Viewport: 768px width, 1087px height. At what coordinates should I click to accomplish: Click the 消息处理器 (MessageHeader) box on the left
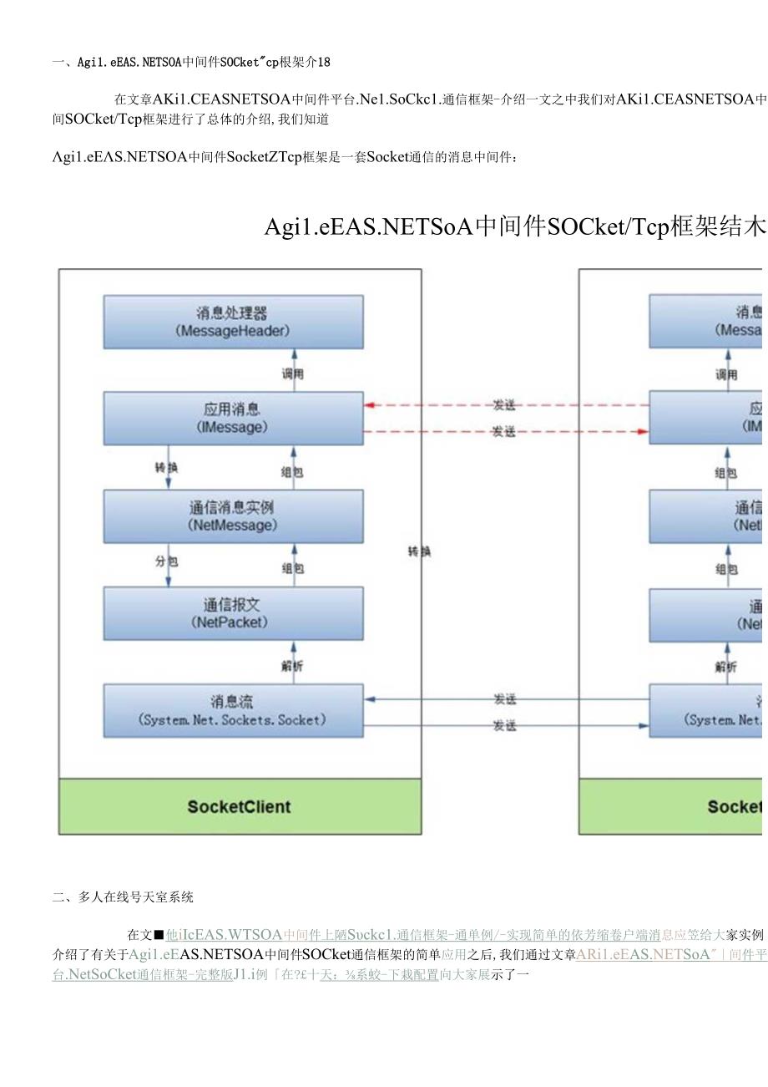click(x=233, y=322)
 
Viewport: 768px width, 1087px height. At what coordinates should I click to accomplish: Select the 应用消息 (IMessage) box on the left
click(x=233, y=418)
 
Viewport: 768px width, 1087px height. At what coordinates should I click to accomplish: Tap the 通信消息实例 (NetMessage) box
click(x=233, y=516)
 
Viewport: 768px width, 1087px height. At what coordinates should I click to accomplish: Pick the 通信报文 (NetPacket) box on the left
click(x=233, y=613)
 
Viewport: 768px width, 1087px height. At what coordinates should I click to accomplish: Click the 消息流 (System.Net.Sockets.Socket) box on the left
click(x=233, y=710)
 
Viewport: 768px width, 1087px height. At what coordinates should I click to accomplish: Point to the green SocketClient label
click(x=240, y=807)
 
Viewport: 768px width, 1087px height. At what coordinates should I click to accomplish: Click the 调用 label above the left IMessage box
click(x=292, y=374)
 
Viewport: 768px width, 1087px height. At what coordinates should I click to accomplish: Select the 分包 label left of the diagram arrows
click(x=166, y=561)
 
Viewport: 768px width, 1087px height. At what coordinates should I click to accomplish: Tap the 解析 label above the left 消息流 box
click(x=292, y=667)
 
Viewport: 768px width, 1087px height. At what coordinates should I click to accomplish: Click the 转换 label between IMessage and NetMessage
click(x=166, y=467)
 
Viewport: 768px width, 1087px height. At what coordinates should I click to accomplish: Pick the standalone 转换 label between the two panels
click(x=419, y=551)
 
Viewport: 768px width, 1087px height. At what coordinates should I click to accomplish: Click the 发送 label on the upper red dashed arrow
click(x=503, y=405)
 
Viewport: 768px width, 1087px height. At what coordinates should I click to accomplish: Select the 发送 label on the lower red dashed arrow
click(x=503, y=432)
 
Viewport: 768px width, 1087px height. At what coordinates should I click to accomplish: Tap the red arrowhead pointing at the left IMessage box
click(x=369, y=405)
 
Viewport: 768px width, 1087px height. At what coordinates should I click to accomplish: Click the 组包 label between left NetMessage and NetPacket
click(x=292, y=568)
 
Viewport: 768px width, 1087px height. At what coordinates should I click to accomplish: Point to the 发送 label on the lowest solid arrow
click(x=503, y=726)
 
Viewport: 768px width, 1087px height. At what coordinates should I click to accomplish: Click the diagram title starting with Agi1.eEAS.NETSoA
click(x=513, y=226)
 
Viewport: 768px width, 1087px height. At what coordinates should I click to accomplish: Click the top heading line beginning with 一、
click(x=191, y=61)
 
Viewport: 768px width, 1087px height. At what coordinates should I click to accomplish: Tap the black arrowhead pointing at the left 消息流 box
click(x=369, y=699)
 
